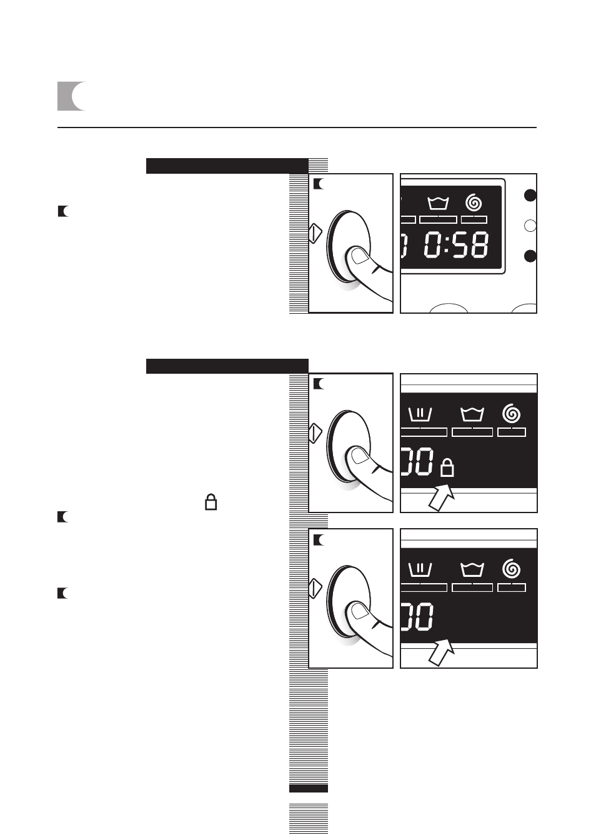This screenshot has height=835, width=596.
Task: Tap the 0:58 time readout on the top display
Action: pos(456,245)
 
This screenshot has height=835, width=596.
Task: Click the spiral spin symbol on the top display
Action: pos(474,202)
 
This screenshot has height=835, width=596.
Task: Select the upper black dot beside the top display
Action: pos(530,196)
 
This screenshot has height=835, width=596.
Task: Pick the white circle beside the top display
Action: pos(530,226)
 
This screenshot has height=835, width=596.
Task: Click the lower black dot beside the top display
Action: pos(530,256)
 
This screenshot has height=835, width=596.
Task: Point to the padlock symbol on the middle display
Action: pos(447,468)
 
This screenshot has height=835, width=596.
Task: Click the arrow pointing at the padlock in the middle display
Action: pos(442,497)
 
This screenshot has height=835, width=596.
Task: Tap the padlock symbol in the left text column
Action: pos(211,502)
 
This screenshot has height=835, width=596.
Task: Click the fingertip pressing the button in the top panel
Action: pos(359,257)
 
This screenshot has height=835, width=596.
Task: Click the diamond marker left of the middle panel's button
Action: pos(315,432)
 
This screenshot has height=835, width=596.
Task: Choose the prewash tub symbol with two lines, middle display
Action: pos(420,414)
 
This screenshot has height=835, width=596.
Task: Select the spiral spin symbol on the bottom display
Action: pos(512,569)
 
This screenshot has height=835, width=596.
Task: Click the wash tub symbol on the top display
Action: pos(438,204)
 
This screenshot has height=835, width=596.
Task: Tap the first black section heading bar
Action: pos(227,166)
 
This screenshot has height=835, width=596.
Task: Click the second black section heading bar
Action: pos(227,366)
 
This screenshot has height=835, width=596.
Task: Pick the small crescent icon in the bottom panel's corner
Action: pos(319,540)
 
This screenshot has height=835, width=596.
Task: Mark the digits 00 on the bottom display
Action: pos(417,617)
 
